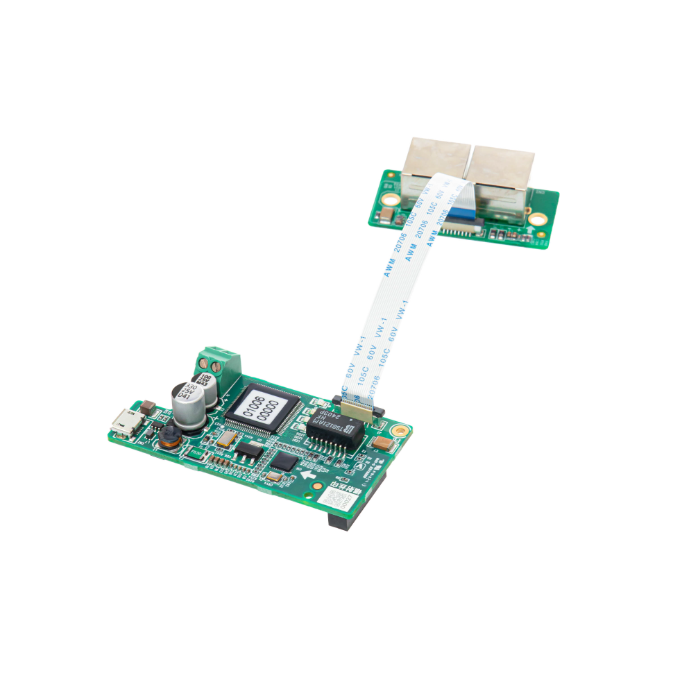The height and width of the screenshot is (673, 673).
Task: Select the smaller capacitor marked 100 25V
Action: click(x=205, y=384)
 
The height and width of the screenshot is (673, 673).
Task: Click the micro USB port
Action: click(x=127, y=422)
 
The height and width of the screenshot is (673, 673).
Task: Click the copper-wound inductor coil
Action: click(x=168, y=437)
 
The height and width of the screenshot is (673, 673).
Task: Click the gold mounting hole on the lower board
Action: click(x=399, y=431)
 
